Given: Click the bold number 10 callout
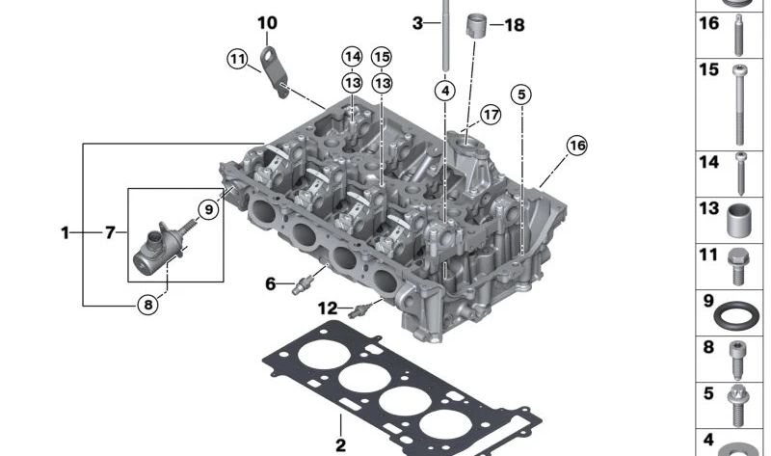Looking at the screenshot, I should pos(267,22).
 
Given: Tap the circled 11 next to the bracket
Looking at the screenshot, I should pos(237,59).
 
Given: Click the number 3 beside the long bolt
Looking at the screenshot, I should pos(417,22).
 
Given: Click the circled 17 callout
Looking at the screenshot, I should pos(491,115).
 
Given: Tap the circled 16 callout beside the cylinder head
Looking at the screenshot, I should pos(576,145).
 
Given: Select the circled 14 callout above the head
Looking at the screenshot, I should pos(352,57).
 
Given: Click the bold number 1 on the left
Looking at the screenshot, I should pos(66,232).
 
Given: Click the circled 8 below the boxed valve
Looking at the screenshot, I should pos(146,306).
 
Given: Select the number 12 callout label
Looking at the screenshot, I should pos(329,308).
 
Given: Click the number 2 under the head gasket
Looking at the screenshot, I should pos(340,444).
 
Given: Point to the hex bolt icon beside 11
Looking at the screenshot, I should pos(736,265).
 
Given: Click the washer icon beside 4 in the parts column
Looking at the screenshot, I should pos(737,447).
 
